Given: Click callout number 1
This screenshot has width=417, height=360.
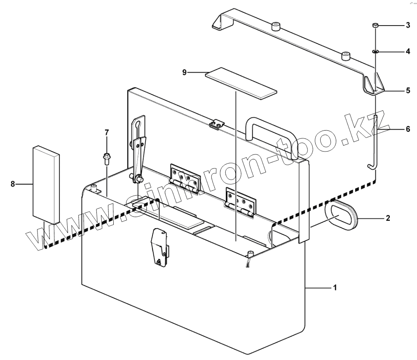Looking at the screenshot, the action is coord(335,288).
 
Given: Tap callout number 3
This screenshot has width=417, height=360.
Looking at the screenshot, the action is coord(408,26).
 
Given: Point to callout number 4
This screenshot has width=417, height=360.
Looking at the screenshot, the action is coord(408,52).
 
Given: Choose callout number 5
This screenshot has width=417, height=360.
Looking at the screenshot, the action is coord(408,90).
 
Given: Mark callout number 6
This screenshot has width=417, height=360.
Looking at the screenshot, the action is coord(408,129).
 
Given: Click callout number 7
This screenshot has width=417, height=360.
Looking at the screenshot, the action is coord(107,132).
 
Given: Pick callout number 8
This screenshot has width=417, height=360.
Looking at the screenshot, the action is coord(13,184).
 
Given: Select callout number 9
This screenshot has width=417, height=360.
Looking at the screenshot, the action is coord(185,72).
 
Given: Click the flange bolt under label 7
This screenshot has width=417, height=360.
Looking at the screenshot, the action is coord(107,158).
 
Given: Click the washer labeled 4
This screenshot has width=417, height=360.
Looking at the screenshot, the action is coord(375,52).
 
